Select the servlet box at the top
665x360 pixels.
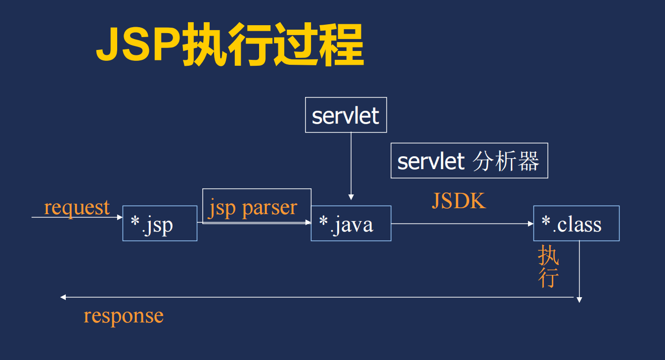pos(346,115)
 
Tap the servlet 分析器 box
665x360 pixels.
pos(469,161)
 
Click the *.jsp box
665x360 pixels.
pos(159,224)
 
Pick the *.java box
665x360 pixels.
pos(351,224)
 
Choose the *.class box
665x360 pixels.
pos(576,224)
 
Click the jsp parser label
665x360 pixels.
pos(253,208)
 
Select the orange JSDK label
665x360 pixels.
pos(459,201)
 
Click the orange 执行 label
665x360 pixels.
pos(548,267)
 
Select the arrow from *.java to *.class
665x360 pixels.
pos(462,224)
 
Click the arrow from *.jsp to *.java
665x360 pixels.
pos(253,223)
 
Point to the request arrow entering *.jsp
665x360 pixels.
pos(77,217)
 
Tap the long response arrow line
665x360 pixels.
pos(316,297)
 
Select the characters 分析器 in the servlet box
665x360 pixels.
pos(506,161)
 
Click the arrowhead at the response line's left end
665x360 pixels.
pos(63,297)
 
